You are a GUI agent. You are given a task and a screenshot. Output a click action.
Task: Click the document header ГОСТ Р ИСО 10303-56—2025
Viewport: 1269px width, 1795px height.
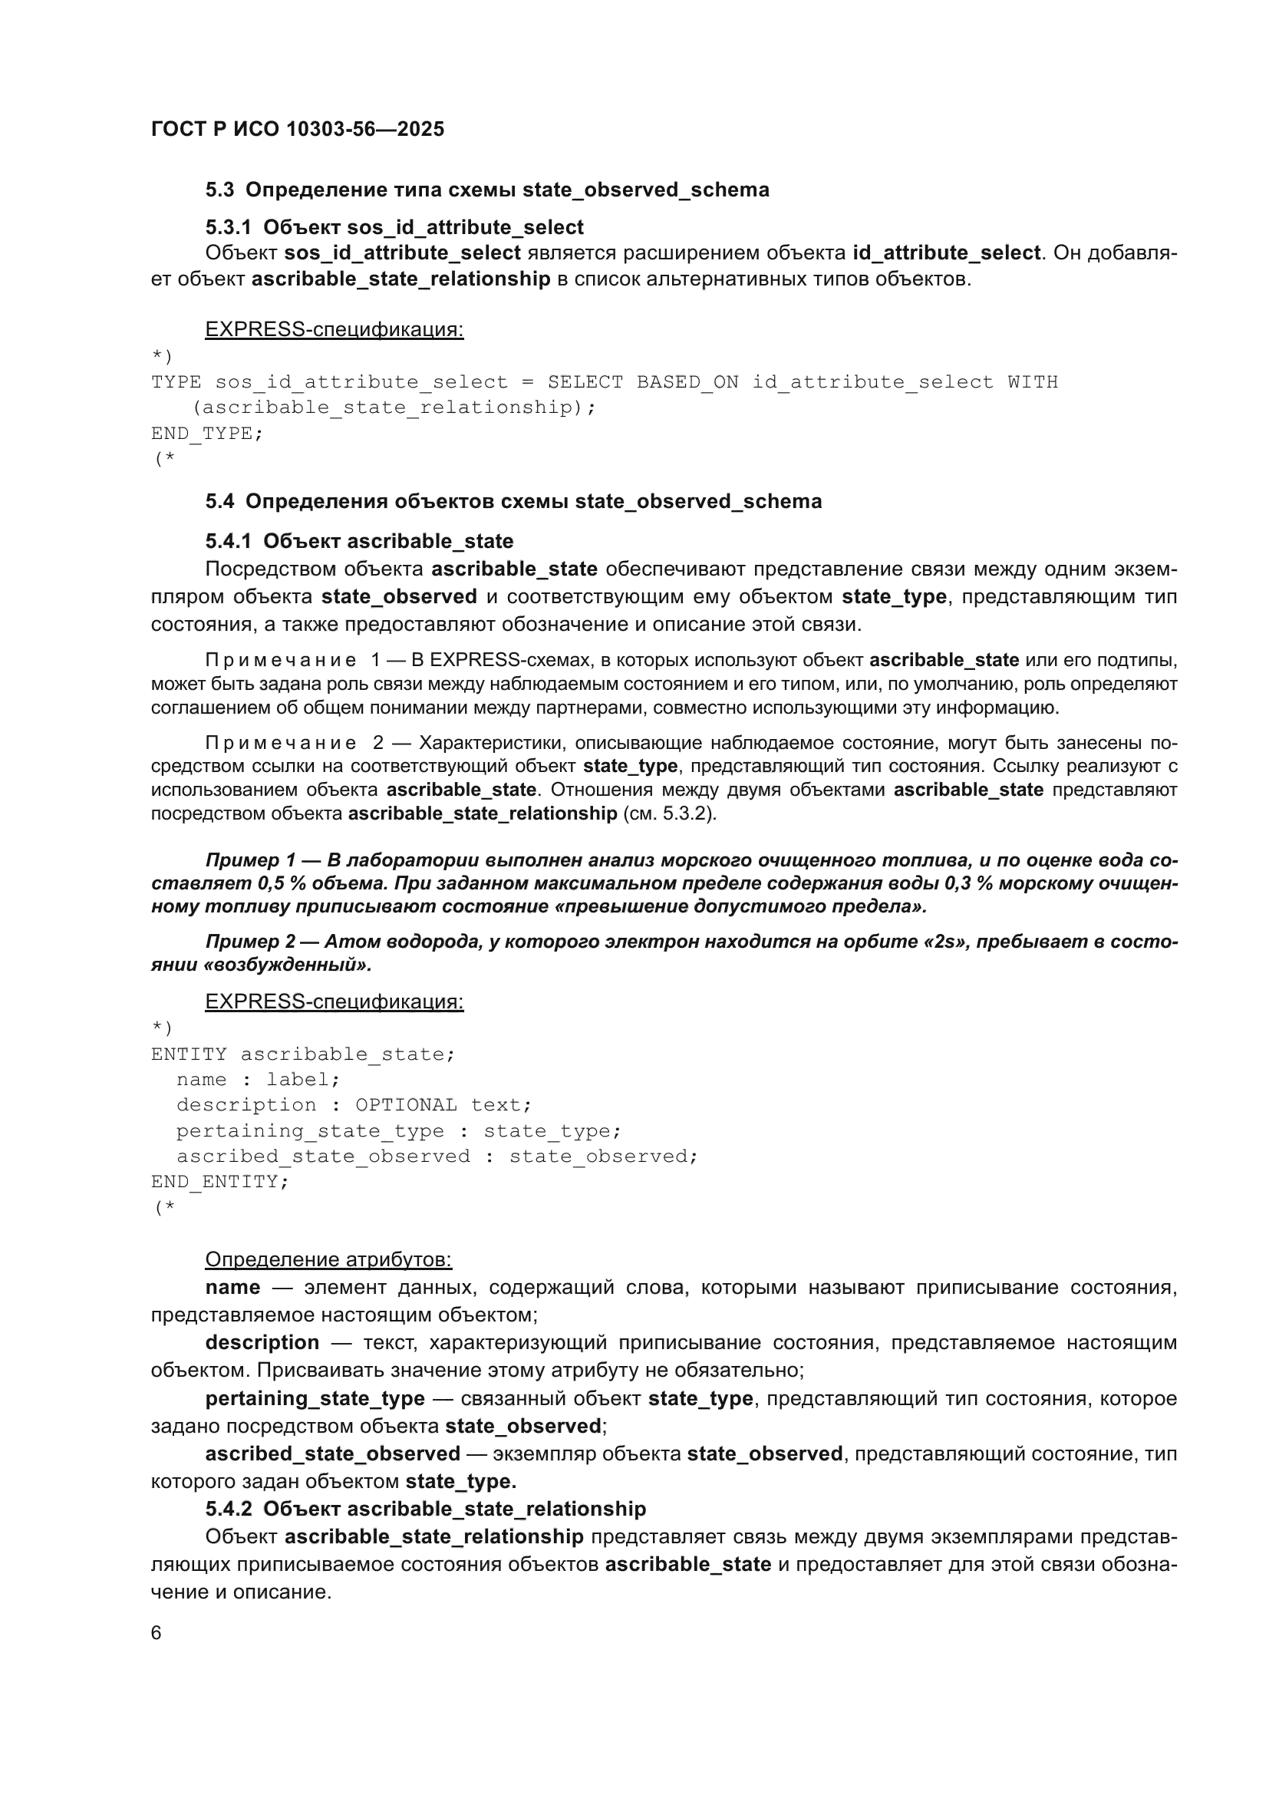click(297, 129)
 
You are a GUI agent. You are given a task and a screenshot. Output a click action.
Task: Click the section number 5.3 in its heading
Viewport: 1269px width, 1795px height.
click(219, 190)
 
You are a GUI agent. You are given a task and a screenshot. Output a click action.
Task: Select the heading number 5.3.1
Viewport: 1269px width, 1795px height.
click(228, 227)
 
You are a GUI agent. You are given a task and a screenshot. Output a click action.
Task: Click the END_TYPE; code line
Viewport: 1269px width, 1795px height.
click(207, 433)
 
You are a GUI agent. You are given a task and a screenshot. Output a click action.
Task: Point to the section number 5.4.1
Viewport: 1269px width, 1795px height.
click(228, 541)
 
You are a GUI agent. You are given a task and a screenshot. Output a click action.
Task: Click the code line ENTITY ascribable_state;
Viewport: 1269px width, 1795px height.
click(302, 1054)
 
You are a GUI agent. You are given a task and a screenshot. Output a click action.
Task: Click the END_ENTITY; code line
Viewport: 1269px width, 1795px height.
click(219, 1181)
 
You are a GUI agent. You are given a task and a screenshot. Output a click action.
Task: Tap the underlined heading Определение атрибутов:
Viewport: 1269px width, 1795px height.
click(328, 1259)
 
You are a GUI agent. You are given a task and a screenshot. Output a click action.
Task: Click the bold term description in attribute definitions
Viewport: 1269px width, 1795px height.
click(262, 1342)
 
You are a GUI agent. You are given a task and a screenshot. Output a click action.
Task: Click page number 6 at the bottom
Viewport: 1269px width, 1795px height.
click(157, 1633)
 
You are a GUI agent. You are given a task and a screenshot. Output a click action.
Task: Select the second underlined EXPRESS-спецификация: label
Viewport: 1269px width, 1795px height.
click(334, 1001)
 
